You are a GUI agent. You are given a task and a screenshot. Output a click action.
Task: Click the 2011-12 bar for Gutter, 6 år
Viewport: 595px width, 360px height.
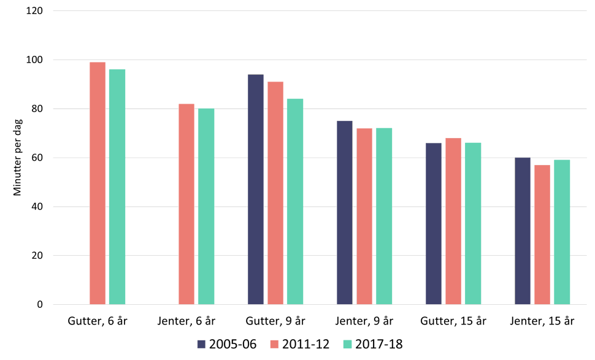pyautogui.click(x=98, y=183)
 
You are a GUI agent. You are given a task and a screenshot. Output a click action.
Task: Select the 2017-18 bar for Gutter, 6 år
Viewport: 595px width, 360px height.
pyautogui.click(x=117, y=186)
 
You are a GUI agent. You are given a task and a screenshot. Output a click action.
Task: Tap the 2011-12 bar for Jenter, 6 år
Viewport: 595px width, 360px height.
pyautogui.click(x=186, y=204)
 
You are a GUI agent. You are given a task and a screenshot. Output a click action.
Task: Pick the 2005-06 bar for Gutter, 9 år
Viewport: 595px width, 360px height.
pyautogui.click(x=256, y=190)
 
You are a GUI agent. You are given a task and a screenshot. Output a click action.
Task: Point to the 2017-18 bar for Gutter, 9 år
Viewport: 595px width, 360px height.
pyautogui.click(x=295, y=201)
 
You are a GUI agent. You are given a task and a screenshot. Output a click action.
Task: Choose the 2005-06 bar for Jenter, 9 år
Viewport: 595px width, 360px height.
pyautogui.click(x=345, y=212)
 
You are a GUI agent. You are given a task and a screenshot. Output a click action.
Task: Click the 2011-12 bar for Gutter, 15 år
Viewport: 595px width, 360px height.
pyautogui.click(x=453, y=221)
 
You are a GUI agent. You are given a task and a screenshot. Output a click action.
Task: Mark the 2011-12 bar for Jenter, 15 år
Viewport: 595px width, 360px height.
pyautogui.click(x=542, y=234)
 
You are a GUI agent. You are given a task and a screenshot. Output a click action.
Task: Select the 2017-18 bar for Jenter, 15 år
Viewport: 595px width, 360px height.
pyautogui.click(x=562, y=232)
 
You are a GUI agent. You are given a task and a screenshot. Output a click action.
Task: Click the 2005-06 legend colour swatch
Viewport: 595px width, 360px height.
pyautogui.click(x=201, y=345)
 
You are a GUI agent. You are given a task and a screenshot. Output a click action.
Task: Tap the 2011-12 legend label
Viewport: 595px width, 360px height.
pyautogui.click(x=306, y=345)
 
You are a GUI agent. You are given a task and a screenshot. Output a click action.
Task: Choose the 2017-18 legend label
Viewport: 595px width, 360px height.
pyautogui.click(x=379, y=345)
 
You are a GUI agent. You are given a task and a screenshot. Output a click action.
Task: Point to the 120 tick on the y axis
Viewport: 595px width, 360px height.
pyautogui.click(x=34, y=11)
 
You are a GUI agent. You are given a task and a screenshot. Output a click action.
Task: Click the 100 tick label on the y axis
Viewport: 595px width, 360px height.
pyautogui.click(x=34, y=60)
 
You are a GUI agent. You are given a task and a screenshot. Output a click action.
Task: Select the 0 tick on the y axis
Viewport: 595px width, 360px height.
pyautogui.click(x=39, y=305)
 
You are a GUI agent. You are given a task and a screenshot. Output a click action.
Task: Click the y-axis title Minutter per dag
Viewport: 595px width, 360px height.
pyautogui.click(x=17, y=158)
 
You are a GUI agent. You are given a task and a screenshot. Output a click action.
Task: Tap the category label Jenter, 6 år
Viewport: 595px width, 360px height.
pyautogui.click(x=186, y=321)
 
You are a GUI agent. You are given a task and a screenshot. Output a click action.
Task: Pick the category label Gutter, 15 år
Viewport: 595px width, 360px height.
pyautogui.click(x=453, y=321)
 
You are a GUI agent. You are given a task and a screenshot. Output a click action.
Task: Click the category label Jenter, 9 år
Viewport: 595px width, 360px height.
pyautogui.click(x=364, y=321)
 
